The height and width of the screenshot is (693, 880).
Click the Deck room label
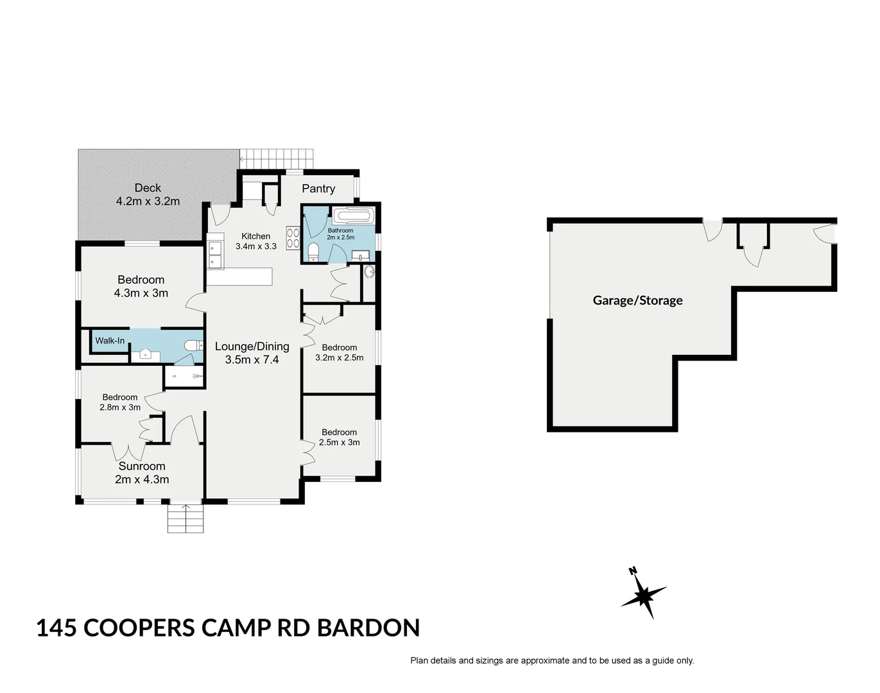(148, 188)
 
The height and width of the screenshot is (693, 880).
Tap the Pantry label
(318, 189)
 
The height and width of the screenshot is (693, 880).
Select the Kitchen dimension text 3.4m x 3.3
(256, 246)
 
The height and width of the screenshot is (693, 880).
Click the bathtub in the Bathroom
(352, 216)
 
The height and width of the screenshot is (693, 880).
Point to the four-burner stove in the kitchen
(293, 237)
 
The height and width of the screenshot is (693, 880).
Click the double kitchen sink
(214, 254)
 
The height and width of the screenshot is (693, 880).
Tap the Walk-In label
(110, 341)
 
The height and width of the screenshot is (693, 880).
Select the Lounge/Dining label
(252, 346)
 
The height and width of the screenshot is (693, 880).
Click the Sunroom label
(142, 466)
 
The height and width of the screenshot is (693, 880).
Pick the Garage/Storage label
(637, 300)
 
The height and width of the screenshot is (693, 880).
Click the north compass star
(644, 594)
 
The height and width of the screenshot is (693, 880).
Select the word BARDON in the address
(368, 628)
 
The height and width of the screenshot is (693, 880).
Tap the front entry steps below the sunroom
(185, 518)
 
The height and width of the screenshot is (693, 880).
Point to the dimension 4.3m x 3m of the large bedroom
(141, 293)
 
